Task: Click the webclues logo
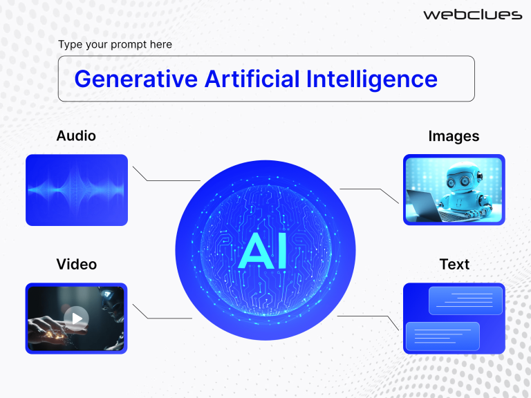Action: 472,14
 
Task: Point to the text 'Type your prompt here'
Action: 115,45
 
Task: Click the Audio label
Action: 76,135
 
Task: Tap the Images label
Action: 454,136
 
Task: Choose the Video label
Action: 76,264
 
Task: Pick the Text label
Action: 454,264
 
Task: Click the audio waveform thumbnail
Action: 77,189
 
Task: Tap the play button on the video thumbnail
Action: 76,319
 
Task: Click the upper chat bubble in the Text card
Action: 465,301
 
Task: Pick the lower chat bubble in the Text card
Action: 442,335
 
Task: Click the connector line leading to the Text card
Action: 366,316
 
